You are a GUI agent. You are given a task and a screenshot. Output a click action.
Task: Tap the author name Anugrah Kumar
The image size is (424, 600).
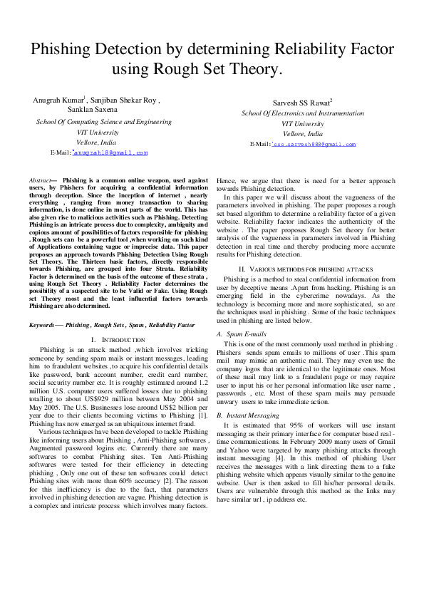59,100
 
